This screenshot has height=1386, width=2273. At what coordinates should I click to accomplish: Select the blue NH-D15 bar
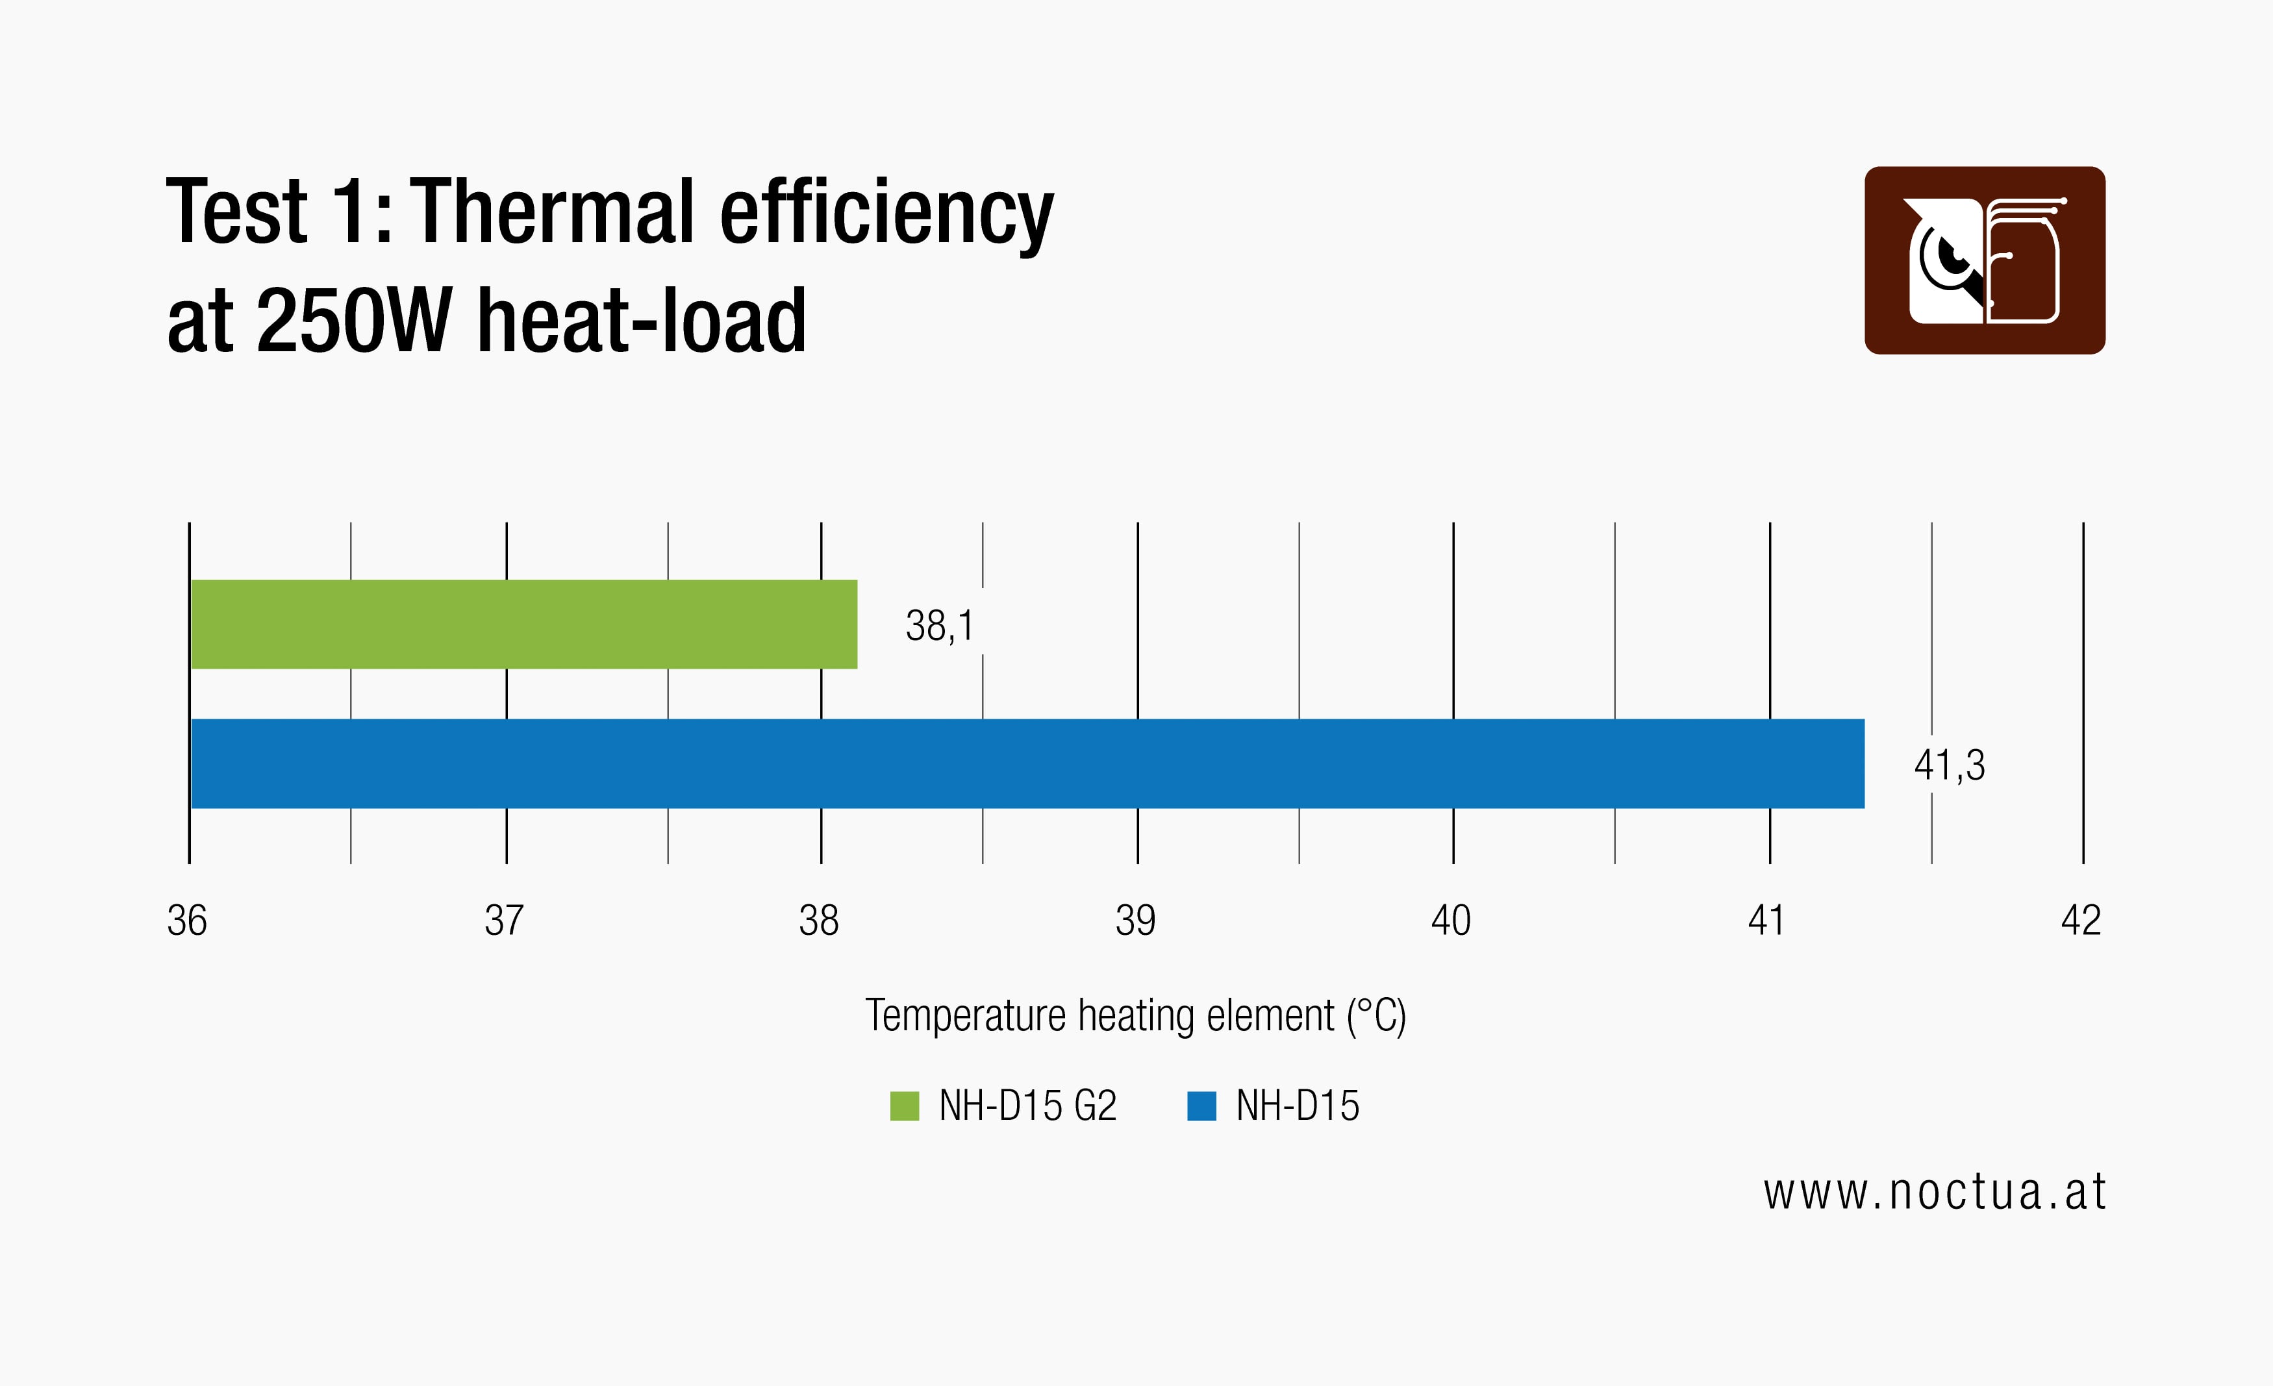click(1027, 763)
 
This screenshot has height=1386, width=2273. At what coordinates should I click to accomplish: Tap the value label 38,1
click(939, 626)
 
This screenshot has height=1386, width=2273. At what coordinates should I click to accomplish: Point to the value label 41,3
click(1949, 765)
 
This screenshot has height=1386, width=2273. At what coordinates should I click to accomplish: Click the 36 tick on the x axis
click(187, 921)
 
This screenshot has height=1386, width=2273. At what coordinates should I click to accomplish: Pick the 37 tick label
click(505, 921)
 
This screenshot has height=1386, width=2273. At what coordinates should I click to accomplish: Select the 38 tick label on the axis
click(819, 921)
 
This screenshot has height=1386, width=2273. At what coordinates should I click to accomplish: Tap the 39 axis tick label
click(1136, 921)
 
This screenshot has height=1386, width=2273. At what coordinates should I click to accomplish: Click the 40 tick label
click(1451, 921)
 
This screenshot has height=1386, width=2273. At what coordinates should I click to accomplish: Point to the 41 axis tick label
click(1766, 921)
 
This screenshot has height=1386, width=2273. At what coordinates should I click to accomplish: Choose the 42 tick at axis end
click(2081, 921)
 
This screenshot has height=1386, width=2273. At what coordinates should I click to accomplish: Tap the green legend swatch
click(904, 1106)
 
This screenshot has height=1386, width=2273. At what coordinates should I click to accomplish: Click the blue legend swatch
click(1201, 1106)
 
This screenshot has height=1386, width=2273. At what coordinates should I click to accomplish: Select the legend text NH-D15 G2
click(1027, 1106)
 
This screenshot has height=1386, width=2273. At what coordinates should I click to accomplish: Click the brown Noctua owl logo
click(1984, 260)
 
